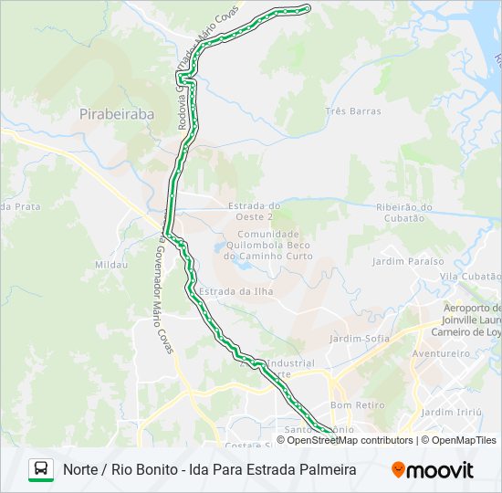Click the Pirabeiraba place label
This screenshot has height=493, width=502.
[117, 114]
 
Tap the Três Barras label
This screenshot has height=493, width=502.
[352, 111]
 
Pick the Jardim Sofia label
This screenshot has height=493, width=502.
[360, 339]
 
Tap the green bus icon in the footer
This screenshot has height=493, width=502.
[41, 469]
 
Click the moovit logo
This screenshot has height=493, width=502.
[433, 470]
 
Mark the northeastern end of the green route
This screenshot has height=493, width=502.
[307, 8]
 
